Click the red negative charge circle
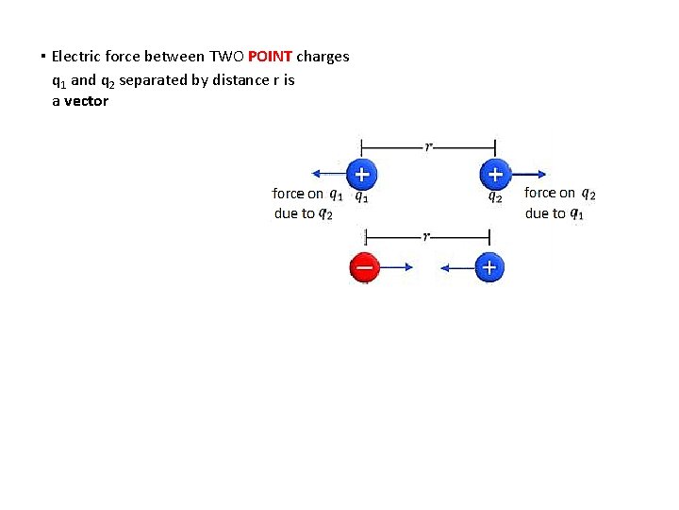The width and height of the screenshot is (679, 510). pyautogui.click(x=364, y=268)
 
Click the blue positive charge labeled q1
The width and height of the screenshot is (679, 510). pyautogui.click(x=361, y=174)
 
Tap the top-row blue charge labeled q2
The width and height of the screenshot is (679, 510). pyautogui.click(x=495, y=174)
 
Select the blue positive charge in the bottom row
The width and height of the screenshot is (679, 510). pyautogui.click(x=489, y=268)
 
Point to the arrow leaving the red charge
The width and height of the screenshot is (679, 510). pyautogui.click(x=395, y=268)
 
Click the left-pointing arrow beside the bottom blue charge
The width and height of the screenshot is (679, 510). pyautogui.click(x=456, y=268)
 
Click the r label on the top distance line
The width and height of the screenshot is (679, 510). pyautogui.click(x=429, y=146)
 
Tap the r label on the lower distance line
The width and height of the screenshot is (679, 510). pyautogui.click(x=426, y=236)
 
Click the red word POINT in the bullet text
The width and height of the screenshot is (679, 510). pyautogui.click(x=271, y=57)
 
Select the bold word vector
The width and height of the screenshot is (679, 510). pyautogui.click(x=86, y=101)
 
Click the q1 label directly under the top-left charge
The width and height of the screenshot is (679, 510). pyautogui.click(x=361, y=197)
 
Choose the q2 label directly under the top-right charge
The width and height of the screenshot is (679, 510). pyautogui.click(x=494, y=197)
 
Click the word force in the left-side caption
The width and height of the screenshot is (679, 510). pyautogui.click(x=288, y=194)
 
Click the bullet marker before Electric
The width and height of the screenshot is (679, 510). pyautogui.click(x=44, y=57)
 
